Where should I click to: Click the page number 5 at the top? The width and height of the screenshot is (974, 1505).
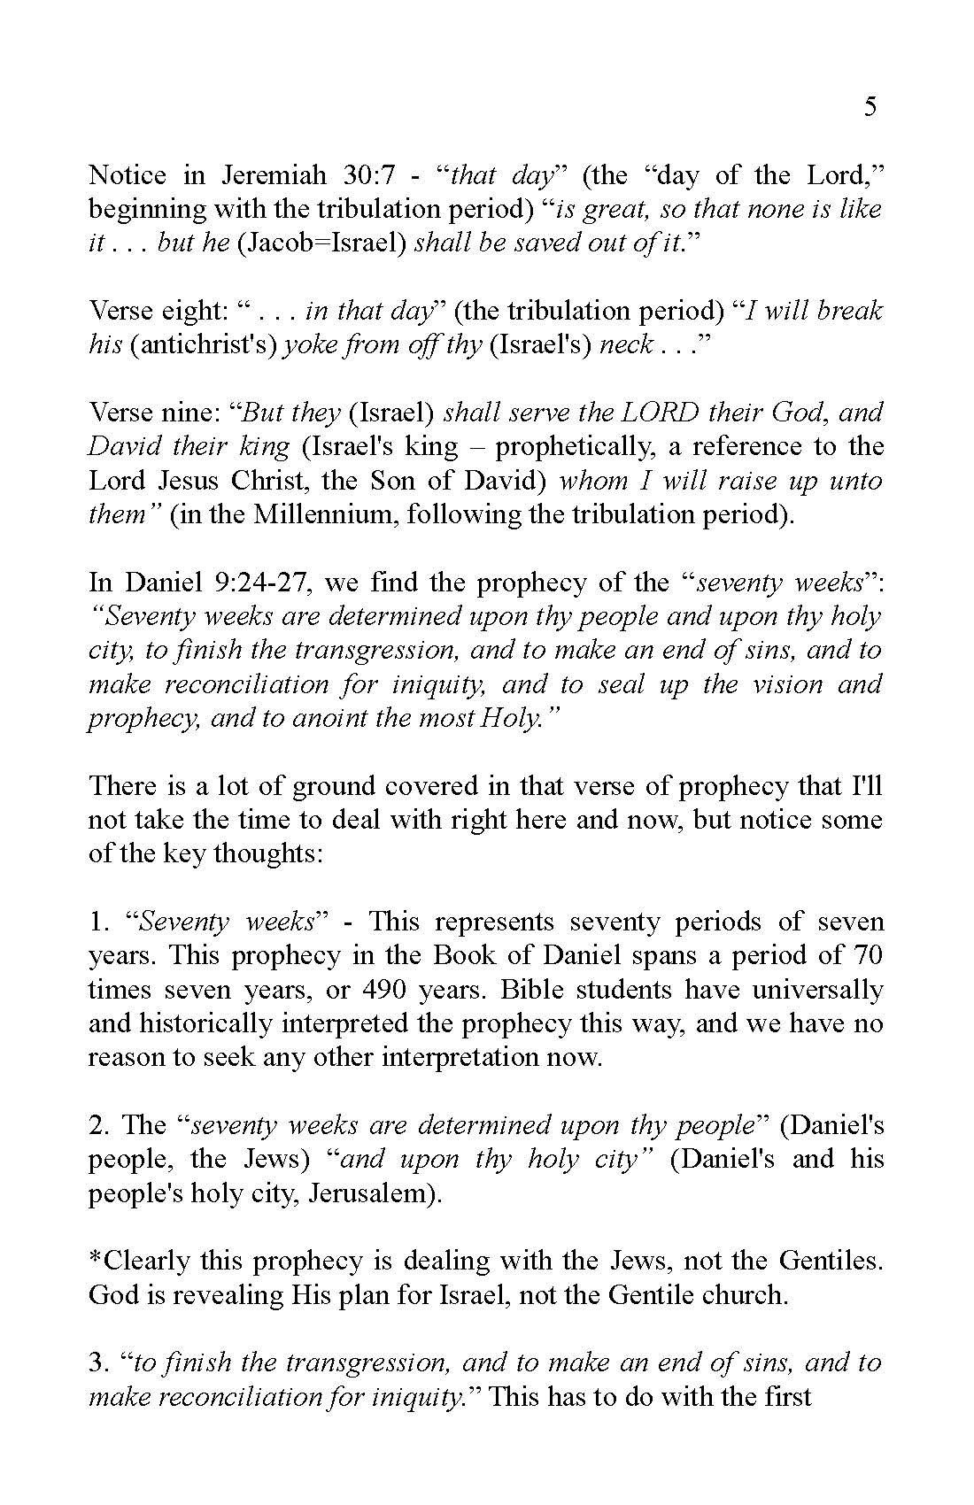point(870,107)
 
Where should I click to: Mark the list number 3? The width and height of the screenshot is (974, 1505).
point(96,1363)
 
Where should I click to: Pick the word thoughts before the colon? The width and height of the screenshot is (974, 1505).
point(262,854)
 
